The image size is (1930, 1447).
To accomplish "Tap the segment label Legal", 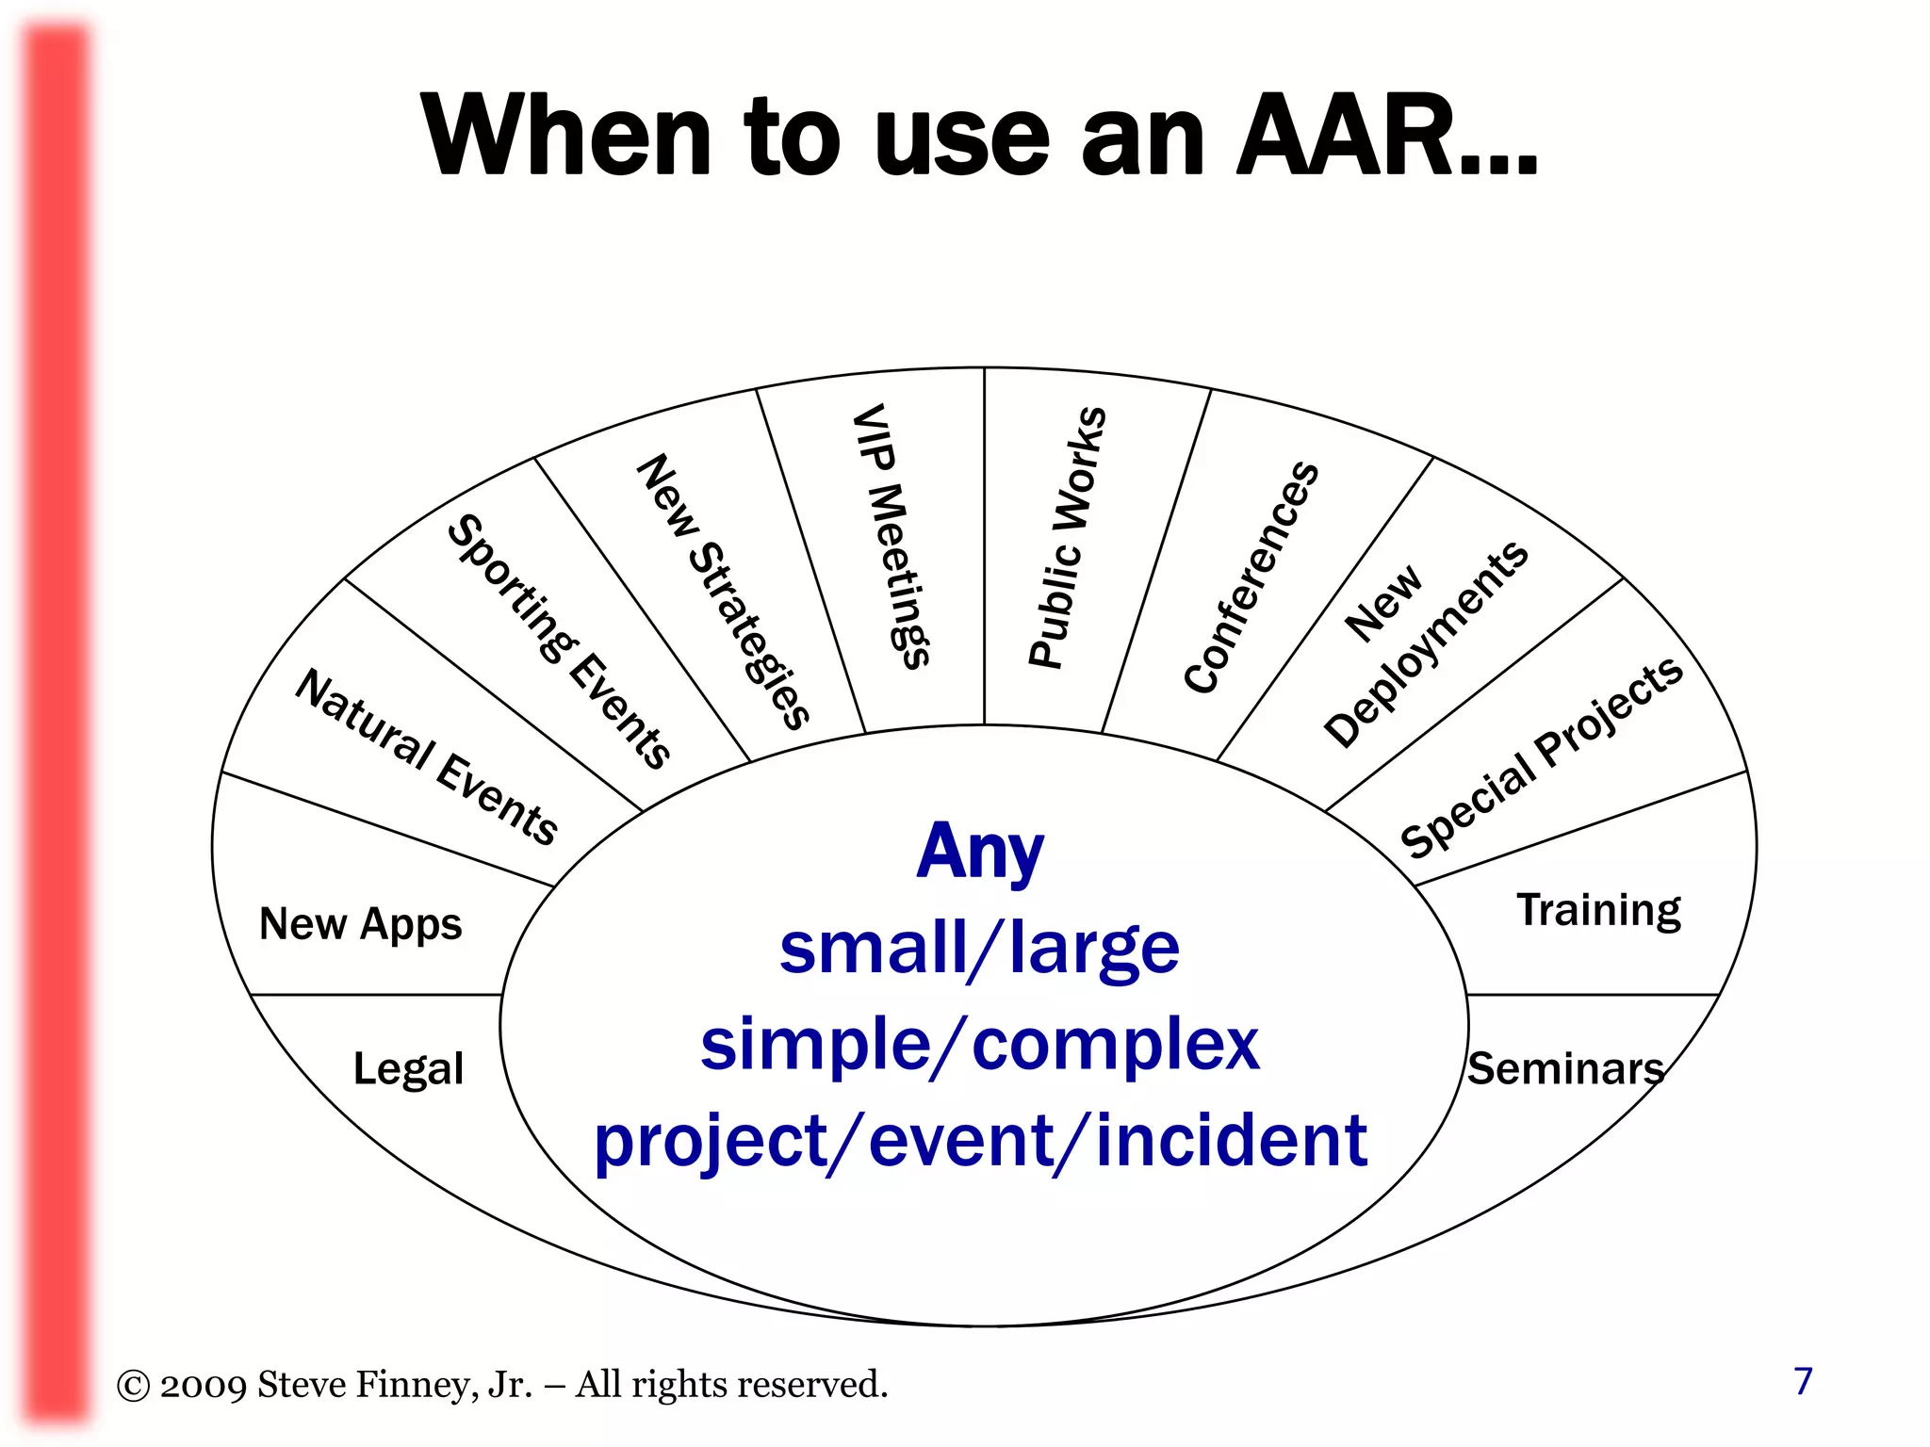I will [x=408, y=1069].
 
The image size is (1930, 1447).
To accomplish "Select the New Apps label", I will [x=360, y=924].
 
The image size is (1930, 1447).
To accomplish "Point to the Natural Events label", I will [x=427, y=756].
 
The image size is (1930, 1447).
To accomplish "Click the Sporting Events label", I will [x=559, y=641].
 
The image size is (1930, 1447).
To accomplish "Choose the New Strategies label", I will [x=724, y=592].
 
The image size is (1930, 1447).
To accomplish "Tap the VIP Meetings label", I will [x=891, y=536].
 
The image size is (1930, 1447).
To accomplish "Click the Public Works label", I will [x=1067, y=537].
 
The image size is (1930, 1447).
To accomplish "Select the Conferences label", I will [x=1251, y=577].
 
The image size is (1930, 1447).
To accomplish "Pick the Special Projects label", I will [x=1542, y=756].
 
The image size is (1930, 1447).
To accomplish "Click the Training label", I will [x=1598, y=910].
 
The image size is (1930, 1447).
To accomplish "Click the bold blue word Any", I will [x=980, y=853].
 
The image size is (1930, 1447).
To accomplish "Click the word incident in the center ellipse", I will [x=1231, y=1141].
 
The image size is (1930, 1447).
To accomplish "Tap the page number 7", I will [x=1803, y=1381].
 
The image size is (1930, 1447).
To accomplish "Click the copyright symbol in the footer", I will [x=133, y=1386].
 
